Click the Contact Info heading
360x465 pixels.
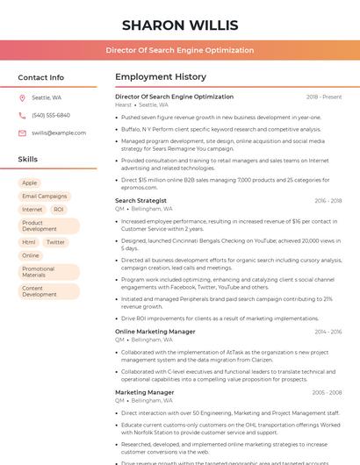tap(41, 77)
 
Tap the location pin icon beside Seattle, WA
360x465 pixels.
tap(22, 97)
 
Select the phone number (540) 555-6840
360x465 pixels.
tap(51, 115)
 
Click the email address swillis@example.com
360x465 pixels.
tap(59, 132)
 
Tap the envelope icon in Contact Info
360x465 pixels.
tap(22, 132)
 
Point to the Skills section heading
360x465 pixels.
tap(28, 159)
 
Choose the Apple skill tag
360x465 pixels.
tap(30, 183)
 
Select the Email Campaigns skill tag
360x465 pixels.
tap(45, 197)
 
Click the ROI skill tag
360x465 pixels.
tap(59, 210)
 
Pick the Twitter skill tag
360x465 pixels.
tap(55, 242)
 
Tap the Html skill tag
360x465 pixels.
tap(29, 242)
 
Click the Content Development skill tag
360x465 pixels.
tap(40, 291)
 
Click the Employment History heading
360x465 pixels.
tap(161, 77)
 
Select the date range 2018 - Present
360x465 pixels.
tap(324, 97)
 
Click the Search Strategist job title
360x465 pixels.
tap(140, 201)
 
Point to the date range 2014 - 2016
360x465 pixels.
tap(328, 332)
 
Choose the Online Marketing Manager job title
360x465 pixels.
tap(155, 332)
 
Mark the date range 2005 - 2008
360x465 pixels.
tap(327, 392)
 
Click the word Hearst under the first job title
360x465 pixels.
tap(123, 105)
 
